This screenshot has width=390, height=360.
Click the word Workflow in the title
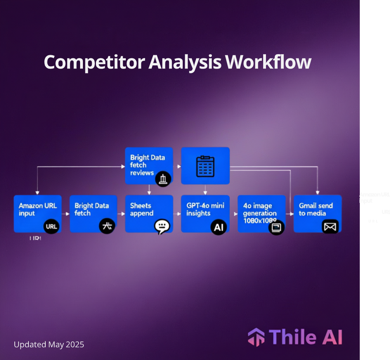point(268,62)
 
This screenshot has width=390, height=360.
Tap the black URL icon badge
point(51,227)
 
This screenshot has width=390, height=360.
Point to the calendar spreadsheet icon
point(205,166)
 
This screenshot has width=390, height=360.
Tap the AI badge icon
point(219,227)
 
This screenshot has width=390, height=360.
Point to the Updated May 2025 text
point(49,345)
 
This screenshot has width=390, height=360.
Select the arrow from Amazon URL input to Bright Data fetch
point(66,214)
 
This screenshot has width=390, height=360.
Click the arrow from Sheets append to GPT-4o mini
point(177,214)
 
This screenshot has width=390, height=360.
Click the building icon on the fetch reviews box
point(163,179)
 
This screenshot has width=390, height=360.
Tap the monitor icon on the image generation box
point(277,227)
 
